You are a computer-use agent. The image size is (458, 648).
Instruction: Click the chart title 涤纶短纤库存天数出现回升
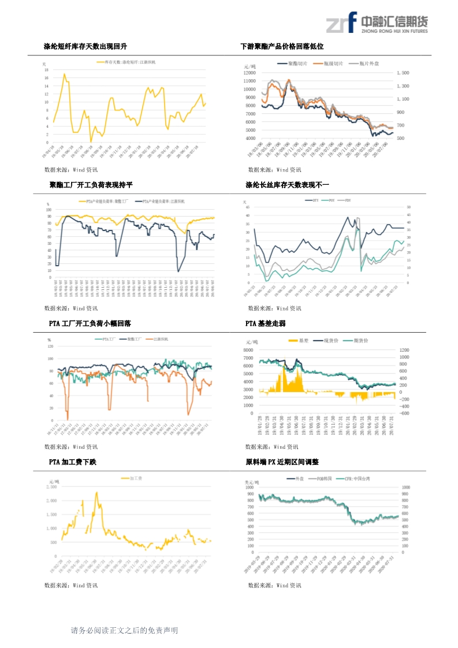(85, 46)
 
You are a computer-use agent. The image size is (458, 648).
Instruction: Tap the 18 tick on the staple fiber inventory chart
(46, 69)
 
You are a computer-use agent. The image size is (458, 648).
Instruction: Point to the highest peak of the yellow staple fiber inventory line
(64, 74)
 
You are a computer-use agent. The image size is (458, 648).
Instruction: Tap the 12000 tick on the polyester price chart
(250, 73)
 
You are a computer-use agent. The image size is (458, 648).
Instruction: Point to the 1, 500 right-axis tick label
(403, 73)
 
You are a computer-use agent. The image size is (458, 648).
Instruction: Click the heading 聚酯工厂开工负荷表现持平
(91, 185)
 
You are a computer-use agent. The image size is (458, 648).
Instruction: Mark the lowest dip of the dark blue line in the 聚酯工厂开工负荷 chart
(178, 271)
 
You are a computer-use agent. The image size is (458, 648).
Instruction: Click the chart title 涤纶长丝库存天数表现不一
(287, 185)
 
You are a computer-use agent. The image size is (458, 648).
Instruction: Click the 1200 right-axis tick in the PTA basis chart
(404, 350)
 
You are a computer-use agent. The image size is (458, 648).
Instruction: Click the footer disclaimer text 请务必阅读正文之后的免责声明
(124, 631)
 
